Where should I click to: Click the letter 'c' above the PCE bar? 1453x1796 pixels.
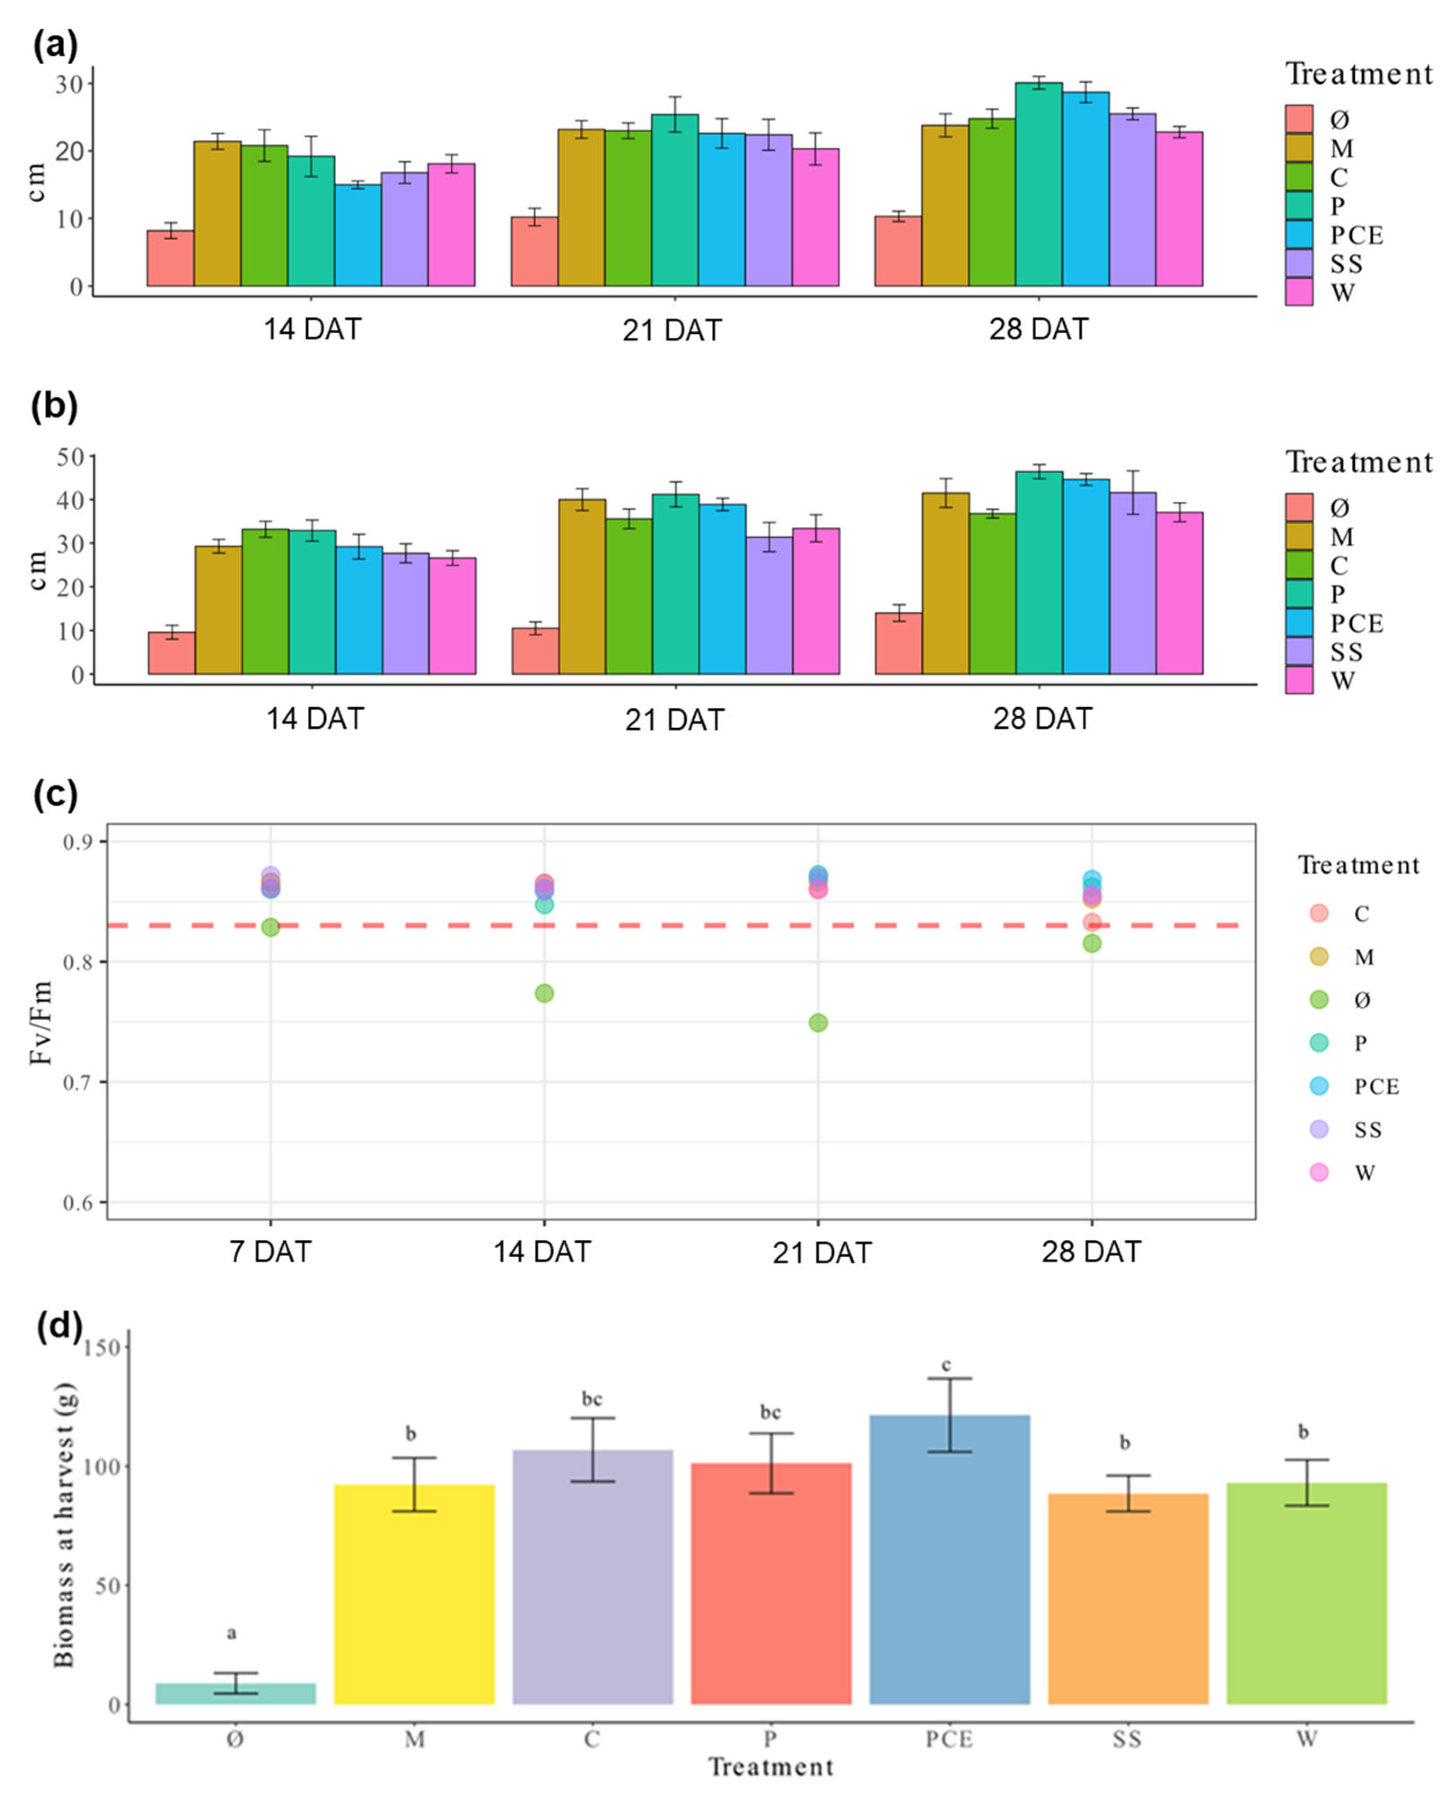946,1365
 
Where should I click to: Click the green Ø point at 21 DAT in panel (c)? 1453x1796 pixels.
818,1022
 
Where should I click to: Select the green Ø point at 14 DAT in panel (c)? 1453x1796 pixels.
544,993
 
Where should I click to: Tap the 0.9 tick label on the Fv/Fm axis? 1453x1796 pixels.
80,841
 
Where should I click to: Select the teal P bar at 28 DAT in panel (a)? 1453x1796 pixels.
1038,184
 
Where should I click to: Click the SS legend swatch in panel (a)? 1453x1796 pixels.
1299,264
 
